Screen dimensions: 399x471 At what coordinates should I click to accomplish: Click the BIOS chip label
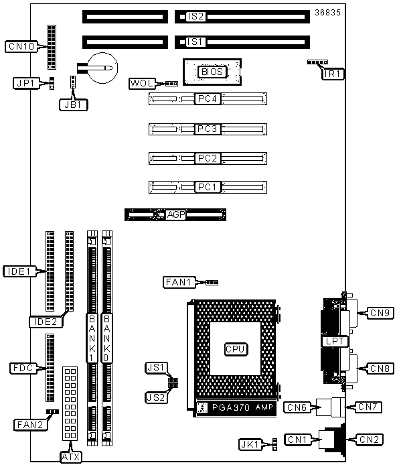coord(212,72)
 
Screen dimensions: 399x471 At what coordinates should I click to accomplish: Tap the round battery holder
coord(104,68)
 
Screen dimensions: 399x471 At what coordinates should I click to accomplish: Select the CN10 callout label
coord(21,46)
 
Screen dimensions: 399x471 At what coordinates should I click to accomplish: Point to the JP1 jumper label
coord(26,83)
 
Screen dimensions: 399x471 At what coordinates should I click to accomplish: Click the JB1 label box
coord(73,105)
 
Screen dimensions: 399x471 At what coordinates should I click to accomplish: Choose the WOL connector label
coord(142,83)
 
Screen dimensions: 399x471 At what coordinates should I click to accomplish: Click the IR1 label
coord(333,74)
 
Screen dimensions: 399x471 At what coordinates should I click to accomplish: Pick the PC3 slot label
coord(207,129)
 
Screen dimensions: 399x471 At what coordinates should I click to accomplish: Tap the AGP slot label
coord(176,215)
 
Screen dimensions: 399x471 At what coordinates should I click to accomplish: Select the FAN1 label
coord(179,282)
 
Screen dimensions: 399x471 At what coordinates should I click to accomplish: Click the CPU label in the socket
coord(236,349)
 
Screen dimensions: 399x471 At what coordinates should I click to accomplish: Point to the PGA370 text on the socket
coord(231,407)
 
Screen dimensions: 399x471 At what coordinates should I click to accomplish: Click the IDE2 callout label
coord(46,322)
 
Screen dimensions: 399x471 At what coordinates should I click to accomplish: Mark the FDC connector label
coord(23,368)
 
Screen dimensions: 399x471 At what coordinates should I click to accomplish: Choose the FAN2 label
coord(30,425)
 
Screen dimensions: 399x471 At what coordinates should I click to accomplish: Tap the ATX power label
coord(70,457)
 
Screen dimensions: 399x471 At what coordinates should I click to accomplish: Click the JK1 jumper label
coord(250,444)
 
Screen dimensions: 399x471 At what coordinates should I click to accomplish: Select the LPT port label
coord(335,342)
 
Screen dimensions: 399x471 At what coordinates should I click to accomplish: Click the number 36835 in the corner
coord(328,13)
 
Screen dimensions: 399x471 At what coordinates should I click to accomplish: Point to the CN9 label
coord(380,314)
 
